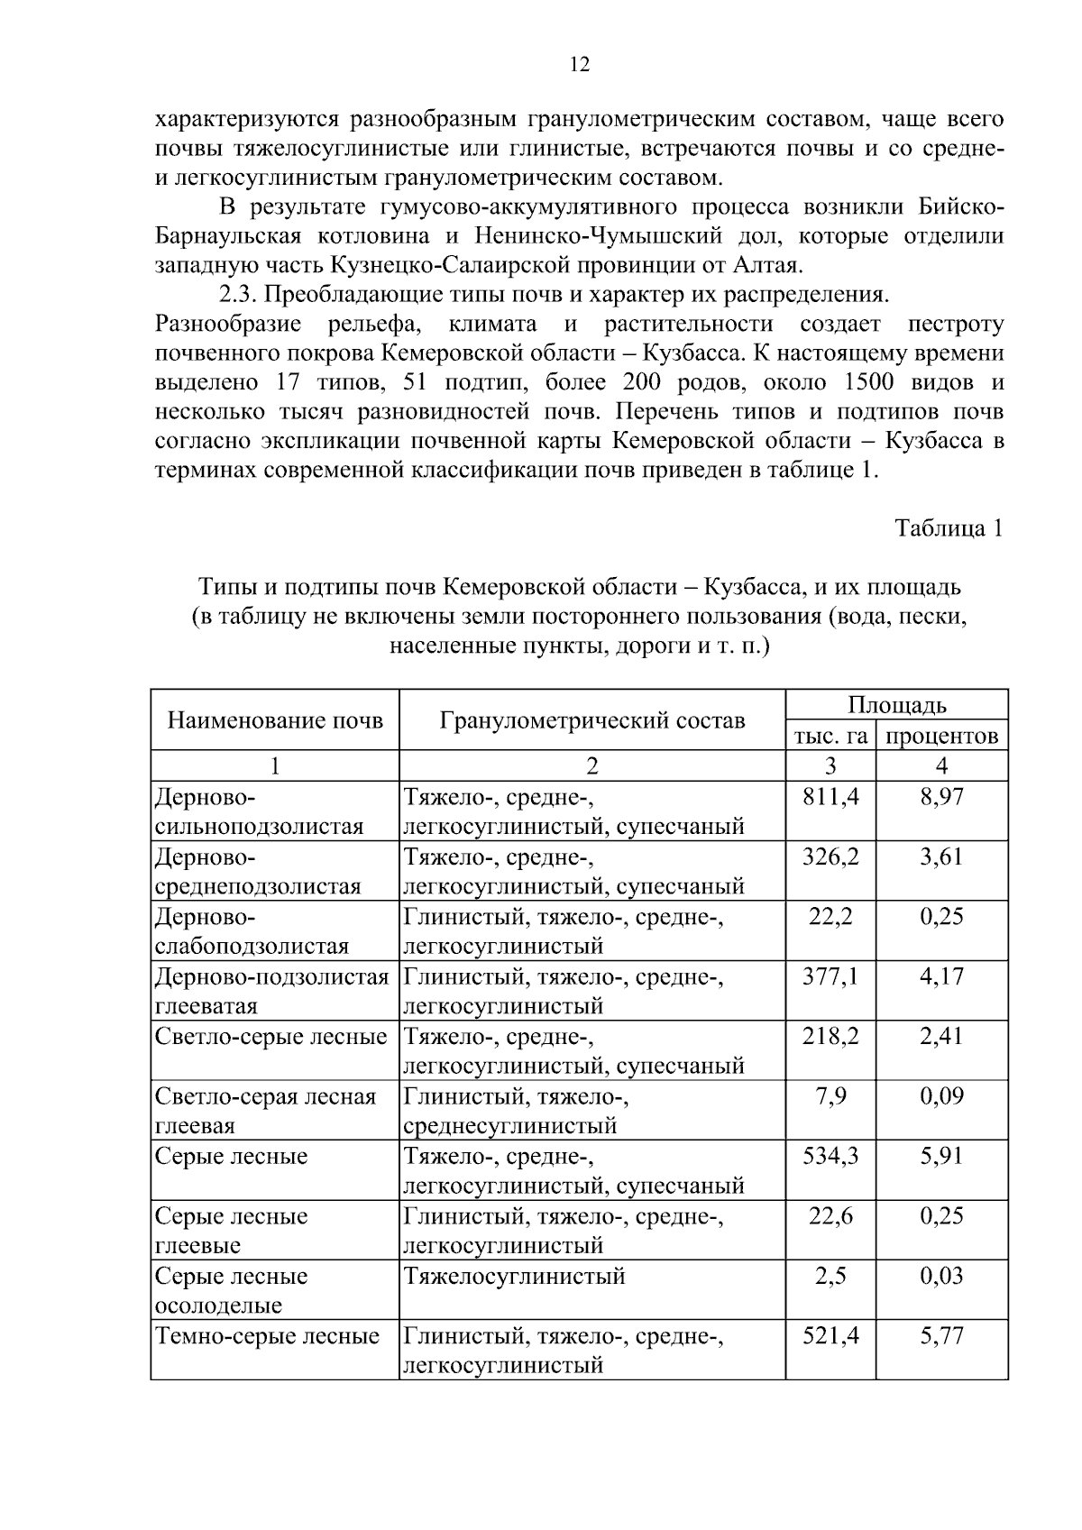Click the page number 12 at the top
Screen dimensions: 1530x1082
[580, 65]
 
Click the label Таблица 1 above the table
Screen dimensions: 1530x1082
[949, 528]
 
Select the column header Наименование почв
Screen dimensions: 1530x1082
[275, 720]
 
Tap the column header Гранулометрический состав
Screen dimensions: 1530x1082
[592, 720]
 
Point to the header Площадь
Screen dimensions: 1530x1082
[896, 705]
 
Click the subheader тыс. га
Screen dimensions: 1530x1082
[830, 736]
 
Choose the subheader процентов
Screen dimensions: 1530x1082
[941, 736]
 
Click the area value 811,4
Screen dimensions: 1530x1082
[830, 796]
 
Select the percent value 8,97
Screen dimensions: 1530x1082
[941, 796]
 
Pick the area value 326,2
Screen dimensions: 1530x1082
[830, 857]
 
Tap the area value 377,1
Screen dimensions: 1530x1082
[830, 976]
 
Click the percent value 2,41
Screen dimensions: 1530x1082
[941, 1036]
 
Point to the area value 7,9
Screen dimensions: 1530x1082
[830, 1096]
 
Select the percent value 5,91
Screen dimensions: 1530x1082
[941, 1156]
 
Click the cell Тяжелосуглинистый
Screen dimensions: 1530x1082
[514, 1276]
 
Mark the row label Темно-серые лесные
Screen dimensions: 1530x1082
[268, 1336]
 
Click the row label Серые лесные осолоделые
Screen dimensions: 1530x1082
[232, 1290]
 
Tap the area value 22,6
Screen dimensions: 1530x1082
[830, 1216]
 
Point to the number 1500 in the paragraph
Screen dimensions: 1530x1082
[867, 382]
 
